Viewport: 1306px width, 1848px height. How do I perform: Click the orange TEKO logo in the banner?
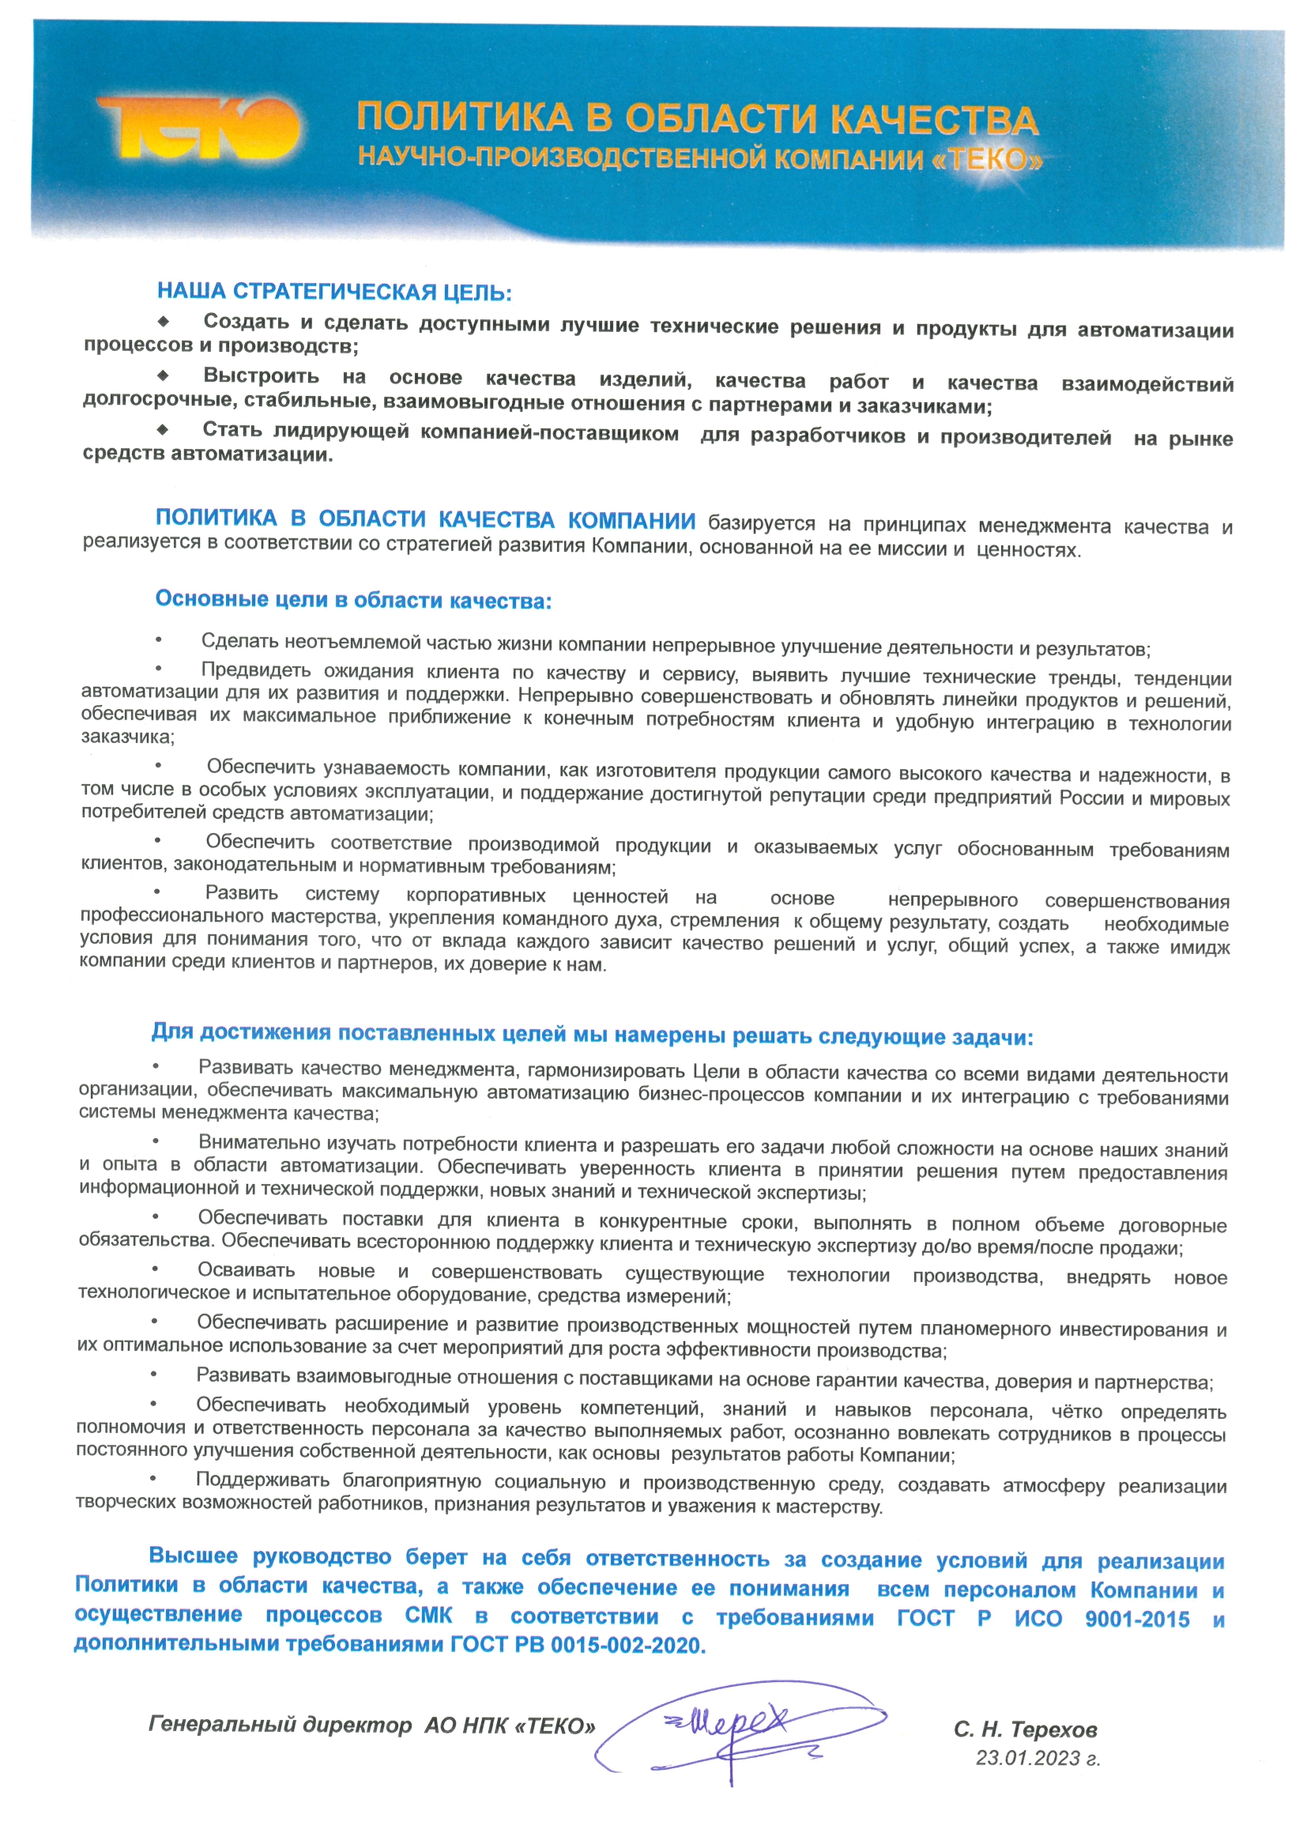[x=198, y=128]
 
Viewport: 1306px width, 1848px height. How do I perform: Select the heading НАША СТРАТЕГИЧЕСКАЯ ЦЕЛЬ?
[x=334, y=292]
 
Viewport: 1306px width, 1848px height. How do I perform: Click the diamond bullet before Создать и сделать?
[x=164, y=322]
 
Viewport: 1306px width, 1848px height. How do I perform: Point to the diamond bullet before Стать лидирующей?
[x=164, y=430]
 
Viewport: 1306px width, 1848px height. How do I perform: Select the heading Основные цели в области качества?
[x=353, y=600]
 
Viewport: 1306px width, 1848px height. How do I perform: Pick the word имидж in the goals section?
[x=1199, y=948]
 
